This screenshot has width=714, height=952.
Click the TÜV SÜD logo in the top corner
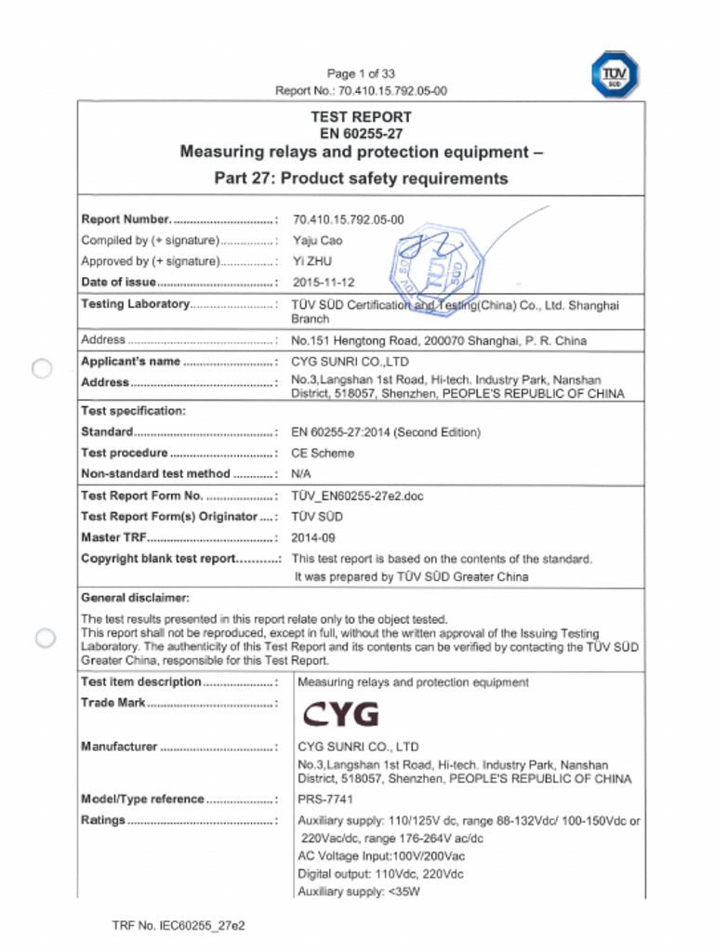[x=615, y=74]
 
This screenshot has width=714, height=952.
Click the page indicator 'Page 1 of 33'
[x=361, y=73]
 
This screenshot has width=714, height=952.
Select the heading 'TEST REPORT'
[x=361, y=117]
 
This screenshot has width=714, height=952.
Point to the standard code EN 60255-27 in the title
[x=361, y=134]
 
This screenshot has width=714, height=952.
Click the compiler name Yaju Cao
[x=317, y=241]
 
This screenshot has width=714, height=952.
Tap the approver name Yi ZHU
[x=311, y=261]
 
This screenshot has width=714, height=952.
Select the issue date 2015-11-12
[x=323, y=283]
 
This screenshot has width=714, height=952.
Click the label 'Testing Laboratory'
[x=136, y=305]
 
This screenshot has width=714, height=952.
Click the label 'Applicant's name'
[x=130, y=362]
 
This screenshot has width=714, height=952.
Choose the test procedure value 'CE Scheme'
[x=323, y=454]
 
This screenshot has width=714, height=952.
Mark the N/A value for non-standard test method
[x=301, y=474]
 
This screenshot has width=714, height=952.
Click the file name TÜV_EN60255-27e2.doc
[x=357, y=496]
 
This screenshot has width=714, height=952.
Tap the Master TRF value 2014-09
[x=313, y=537]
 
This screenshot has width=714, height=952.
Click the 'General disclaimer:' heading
[x=136, y=598]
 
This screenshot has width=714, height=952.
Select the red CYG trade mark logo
[x=341, y=714]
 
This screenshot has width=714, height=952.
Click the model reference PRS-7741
[x=325, y=800]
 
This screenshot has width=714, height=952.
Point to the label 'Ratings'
[x=103, y=821]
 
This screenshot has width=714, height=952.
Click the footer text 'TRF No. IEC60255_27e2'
[x=178, y=926]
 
